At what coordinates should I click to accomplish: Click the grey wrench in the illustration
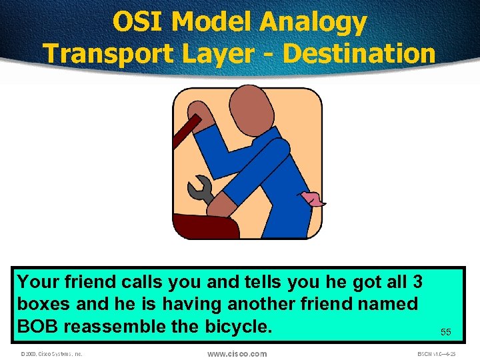201,190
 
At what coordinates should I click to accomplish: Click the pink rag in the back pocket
313,198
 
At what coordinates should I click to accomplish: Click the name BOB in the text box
37,327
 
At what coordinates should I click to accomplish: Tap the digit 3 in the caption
419,281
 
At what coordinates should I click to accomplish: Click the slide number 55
445,331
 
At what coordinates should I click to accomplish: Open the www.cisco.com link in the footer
237,353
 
